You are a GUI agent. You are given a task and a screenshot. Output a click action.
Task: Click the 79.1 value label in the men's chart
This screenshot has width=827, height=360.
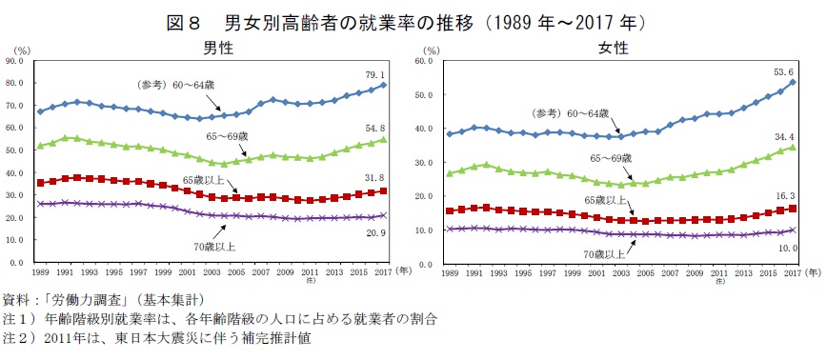(375, 74)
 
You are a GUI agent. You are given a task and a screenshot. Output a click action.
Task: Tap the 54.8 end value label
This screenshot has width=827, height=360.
(375, 128)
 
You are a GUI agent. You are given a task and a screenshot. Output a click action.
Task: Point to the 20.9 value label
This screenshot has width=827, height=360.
(375, 233)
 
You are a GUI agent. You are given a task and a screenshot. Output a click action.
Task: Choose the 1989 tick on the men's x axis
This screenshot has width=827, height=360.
(40, 271)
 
